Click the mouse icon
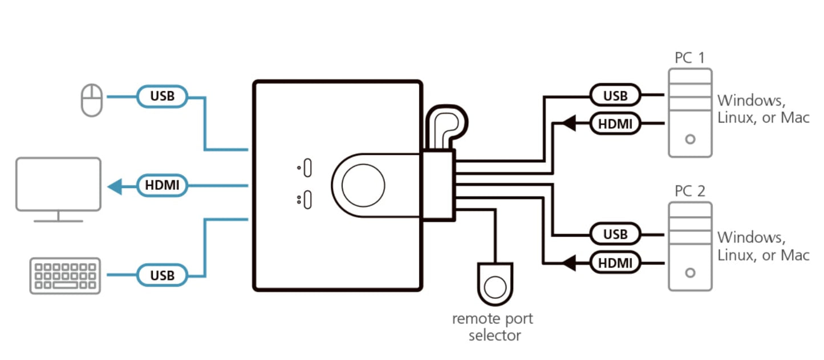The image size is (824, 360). (91, 100)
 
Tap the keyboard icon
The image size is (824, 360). (65, 276)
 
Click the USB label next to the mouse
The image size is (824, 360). (163, 96)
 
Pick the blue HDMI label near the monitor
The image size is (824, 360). (163, 185)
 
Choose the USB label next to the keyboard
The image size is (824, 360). (163, 275)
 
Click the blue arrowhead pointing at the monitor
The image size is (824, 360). (115, 185)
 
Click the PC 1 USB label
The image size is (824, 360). (615, 96)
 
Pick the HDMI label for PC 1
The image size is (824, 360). (615, 123)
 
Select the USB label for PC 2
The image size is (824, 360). (615, 234)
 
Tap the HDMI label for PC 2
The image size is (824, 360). (615, 263)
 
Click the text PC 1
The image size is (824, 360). (689, 58)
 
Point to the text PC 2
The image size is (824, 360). (689, 191)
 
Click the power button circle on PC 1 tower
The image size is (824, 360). (691, 139)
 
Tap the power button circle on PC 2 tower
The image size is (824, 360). (691, 273)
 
